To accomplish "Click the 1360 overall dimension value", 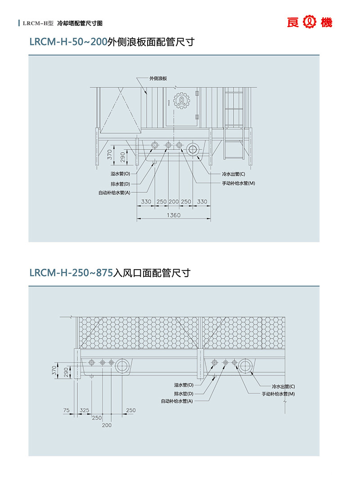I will point(173,215).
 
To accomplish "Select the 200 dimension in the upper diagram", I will point(174,202).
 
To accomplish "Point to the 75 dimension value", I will point(67,410).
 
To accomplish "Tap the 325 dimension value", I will point(84,410).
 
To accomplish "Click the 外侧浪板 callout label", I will point(158,78).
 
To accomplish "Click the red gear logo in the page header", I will point(310,22).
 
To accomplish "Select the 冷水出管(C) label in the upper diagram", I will point(234,174).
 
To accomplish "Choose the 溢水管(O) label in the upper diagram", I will point(120,174).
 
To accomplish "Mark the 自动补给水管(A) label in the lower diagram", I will point(177,401).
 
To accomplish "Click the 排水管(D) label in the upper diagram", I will point(120,184).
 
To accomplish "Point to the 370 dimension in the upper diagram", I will point(109,155).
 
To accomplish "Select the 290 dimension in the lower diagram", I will point(66,372).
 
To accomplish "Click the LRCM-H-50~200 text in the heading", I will point(68,43).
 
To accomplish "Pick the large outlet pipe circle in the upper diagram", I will point(193,149).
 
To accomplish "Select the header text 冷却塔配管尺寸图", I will point(80,23).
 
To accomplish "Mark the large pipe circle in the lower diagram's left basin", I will point(122,366).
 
